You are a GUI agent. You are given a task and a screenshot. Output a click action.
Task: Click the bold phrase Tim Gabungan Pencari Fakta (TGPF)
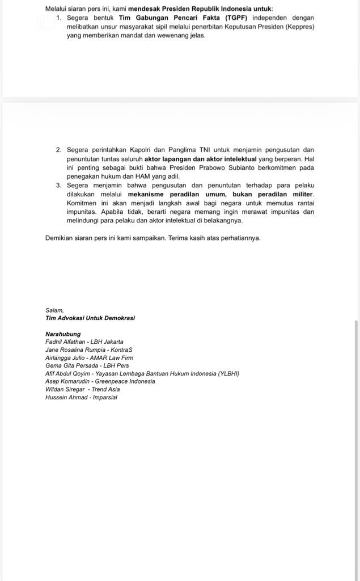(183, 18)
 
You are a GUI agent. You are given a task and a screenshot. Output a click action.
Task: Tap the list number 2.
(59, 150)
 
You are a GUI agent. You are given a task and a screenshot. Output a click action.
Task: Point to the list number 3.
(59, 186)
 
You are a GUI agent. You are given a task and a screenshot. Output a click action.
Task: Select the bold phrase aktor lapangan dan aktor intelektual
(201, 159)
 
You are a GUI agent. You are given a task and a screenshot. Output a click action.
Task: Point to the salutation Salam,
(54, 310)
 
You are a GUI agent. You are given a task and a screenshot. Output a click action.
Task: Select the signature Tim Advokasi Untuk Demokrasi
(90, 318)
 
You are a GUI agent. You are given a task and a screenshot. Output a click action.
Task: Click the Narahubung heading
(62, 334)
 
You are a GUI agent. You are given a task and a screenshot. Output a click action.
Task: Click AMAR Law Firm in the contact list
(111, 358)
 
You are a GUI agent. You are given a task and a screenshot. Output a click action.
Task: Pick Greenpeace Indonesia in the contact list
(125, 382)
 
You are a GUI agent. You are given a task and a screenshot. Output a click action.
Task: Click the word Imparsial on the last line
(103, 398)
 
